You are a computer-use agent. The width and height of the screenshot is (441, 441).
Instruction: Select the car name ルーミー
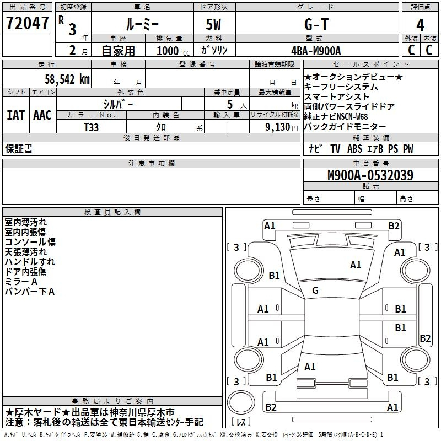142,24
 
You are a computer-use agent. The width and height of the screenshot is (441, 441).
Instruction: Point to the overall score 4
421,25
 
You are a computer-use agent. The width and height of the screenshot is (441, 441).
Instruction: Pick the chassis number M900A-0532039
370,175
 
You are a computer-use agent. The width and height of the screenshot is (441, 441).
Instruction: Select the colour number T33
92,127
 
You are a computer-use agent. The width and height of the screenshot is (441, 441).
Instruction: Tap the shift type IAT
16,115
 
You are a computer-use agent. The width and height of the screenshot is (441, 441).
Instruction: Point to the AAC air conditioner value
42,115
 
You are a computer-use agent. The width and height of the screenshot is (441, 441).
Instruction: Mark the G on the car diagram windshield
315,291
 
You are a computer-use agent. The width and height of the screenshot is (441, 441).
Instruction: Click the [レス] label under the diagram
244,422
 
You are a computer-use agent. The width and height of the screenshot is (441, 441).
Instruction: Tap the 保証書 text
19,148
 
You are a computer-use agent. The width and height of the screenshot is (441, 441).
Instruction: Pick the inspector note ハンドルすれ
30,262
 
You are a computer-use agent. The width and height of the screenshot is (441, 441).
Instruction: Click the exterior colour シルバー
118,103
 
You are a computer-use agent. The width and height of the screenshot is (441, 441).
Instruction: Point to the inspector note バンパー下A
30,292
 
